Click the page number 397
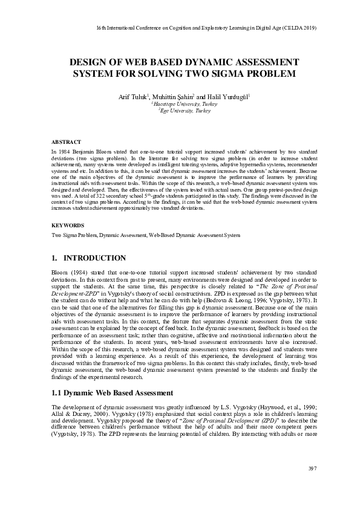tap(313, 468)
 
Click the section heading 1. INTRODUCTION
tap(90, 258)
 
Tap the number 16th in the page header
tap(101, 28)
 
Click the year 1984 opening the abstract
tap(64, 149)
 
